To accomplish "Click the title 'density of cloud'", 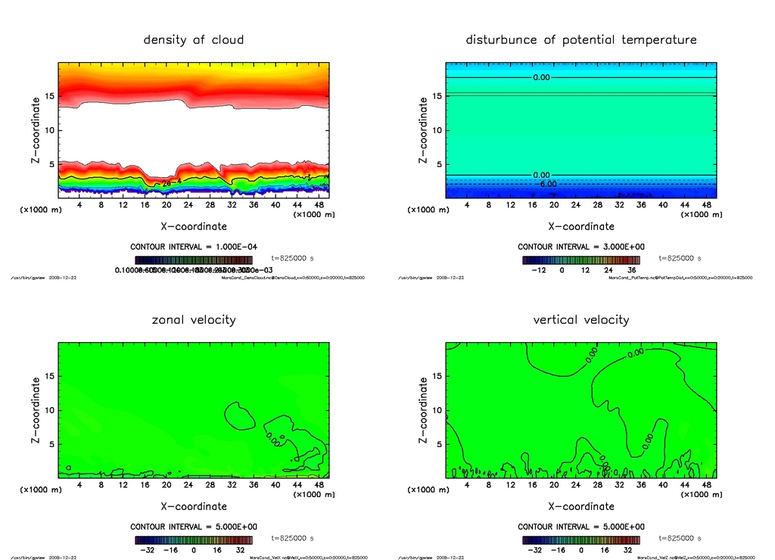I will [x=194, y=39].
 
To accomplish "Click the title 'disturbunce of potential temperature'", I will [x=580, y=39].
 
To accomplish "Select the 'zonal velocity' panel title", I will [x=194, y=319].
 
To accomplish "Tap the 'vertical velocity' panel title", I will [x=580, y=319].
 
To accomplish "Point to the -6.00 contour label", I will [x=546, y=184].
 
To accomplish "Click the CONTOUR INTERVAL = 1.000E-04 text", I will [x=194, y=247].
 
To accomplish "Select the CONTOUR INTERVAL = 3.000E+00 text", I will [x=580, y=247].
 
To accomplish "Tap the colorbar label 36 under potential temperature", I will [x=629, y=269].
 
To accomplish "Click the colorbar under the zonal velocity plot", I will [x=194, y=540].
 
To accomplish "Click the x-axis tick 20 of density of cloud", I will [x=167, y=205].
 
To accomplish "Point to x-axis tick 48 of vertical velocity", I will [x=705, y=485].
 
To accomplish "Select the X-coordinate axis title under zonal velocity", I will [x=194, y=506].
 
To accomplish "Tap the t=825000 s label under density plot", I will [x=293, y=259].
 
